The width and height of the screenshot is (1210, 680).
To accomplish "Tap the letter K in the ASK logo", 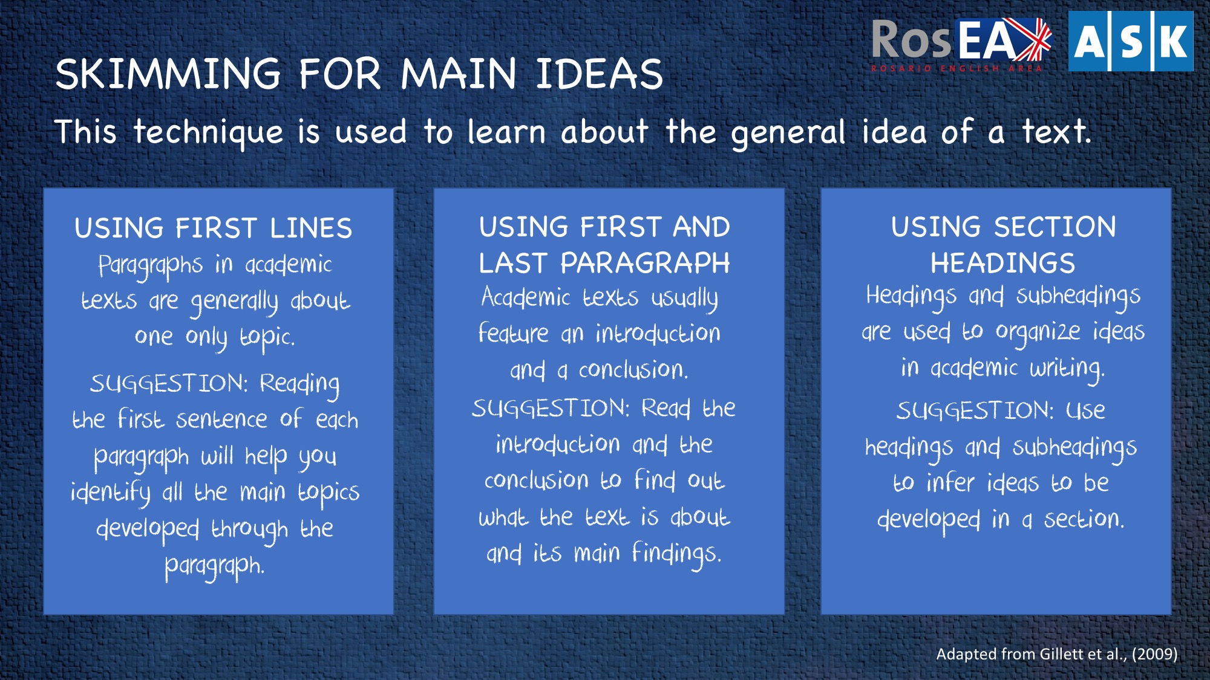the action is pos(1174,41).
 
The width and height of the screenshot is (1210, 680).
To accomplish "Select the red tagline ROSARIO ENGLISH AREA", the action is pos(957,68).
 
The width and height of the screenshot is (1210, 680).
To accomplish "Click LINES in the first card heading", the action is pos(311,228).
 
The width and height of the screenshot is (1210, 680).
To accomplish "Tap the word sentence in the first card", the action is pos(221,419).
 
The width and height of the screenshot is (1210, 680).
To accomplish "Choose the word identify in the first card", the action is pos(110,493).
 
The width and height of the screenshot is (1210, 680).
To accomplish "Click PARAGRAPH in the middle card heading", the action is pos(645,264).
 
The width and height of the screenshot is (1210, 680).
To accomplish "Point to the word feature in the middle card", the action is pos(514,333).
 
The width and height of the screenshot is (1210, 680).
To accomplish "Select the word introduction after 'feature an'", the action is pos(658,333).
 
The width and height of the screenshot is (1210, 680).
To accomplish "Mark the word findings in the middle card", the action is pos(676,554).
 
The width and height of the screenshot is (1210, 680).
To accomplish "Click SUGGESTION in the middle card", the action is pos(551,409).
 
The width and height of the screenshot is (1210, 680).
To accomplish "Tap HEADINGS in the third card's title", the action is pos(1002,264).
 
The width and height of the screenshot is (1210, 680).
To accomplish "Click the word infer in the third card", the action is pos(950,482).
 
